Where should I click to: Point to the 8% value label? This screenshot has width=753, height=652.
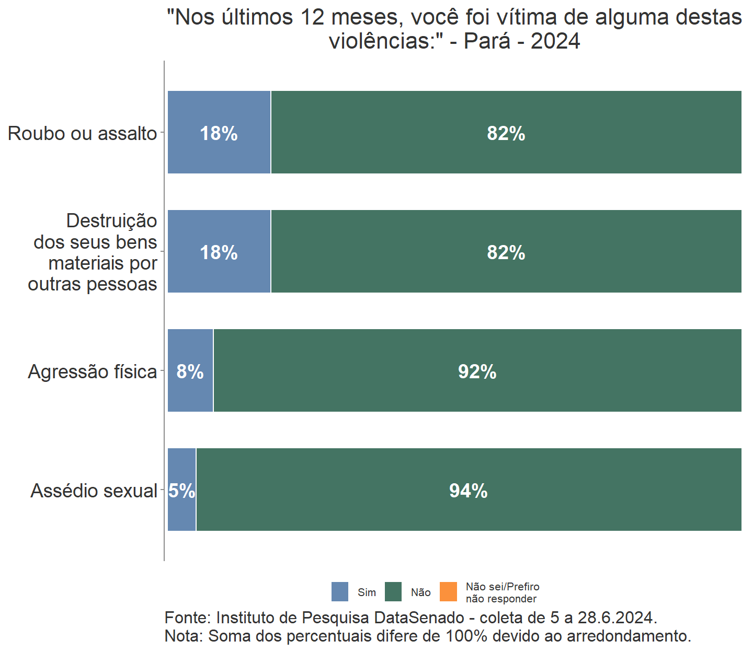point(190,371)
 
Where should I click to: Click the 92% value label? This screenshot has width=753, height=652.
point(477,371)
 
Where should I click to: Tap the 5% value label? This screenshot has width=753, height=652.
point(181,491)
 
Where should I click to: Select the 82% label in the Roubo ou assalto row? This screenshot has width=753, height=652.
point(506,133)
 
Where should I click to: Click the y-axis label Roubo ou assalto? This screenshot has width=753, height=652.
point(82,133)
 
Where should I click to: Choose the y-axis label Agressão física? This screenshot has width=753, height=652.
point(92,371)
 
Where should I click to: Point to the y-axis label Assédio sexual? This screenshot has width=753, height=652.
point(94,491)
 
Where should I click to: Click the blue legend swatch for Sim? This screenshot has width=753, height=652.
point(340,592)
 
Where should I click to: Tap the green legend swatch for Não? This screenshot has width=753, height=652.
point(393,592)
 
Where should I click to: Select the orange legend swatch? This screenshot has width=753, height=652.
point(449,592)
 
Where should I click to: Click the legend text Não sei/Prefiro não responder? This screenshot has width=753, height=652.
point(502,592)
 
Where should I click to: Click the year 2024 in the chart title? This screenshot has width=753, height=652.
point(555,41)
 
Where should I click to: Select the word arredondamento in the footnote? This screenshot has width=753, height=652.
point(629,636)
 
